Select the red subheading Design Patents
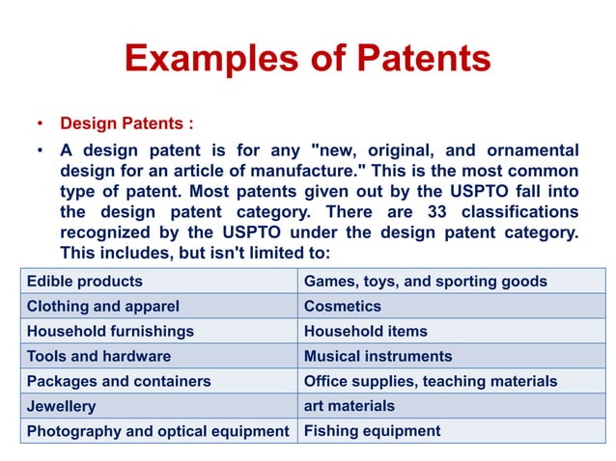coord(126,124)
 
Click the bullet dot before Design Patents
coord(39,124)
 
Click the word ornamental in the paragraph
coord(530,150)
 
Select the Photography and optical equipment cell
coord(158,431)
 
